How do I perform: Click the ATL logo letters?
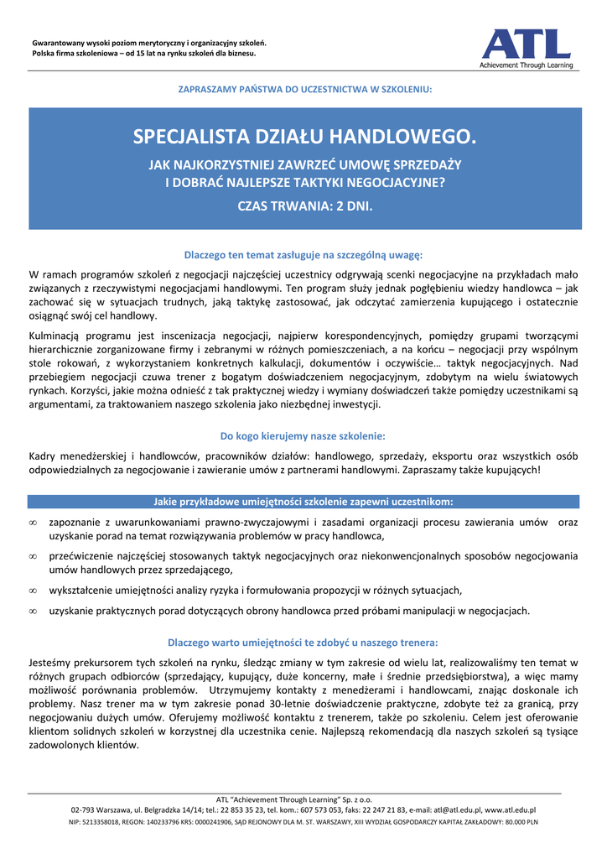(x=526, y=44)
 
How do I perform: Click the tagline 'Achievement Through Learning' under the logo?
(x=526, y=65)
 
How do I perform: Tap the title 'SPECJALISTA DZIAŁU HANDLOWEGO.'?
(x=304, y=136)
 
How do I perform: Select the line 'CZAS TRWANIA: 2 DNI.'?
(x=304, y=205)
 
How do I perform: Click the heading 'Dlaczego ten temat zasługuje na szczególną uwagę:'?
(x=303, y=254)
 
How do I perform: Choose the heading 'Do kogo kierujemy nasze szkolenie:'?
(x=303, y=435)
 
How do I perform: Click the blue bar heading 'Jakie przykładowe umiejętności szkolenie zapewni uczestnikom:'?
(x=303, y=502)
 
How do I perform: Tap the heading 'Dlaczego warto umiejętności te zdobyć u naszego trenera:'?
(x=303, y=643)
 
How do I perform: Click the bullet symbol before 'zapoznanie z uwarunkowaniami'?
(x=33, y=523)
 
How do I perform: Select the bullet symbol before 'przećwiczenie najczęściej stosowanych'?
(x=33, y=556)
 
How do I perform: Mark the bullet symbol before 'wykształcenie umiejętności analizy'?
(x=33, y=590)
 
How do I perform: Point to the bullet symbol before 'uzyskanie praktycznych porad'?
(x=33, y=612)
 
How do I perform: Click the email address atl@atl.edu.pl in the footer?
(x=456, y=810)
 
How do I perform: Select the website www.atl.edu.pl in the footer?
(x=510, y=810)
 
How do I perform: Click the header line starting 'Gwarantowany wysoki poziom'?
(x=148, y=42)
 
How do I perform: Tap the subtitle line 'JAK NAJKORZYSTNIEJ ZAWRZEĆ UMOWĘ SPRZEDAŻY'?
(x=304, y=164)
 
